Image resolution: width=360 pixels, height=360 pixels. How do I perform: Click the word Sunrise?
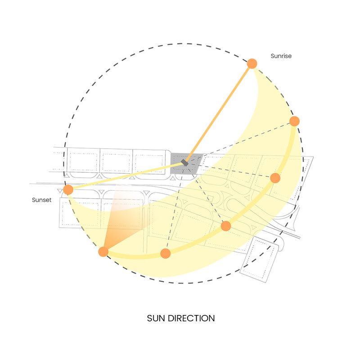(x=281, y=56)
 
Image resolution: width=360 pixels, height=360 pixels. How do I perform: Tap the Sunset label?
(x=41, y=200)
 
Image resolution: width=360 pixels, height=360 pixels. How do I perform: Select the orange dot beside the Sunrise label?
(x=252, y=63)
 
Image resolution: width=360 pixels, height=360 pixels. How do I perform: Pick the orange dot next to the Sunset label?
(x=68, y=189)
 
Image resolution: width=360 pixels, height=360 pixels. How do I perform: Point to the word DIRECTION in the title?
(x=191, y=318)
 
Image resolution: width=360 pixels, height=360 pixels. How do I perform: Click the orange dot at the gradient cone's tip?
(x=103, y=252)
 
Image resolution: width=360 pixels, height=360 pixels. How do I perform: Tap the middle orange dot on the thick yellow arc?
(x=226, y=226)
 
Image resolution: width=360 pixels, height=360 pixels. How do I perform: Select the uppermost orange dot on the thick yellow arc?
(x=295, y=121)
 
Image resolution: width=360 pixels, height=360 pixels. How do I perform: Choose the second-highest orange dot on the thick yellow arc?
(x=275, y=178)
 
